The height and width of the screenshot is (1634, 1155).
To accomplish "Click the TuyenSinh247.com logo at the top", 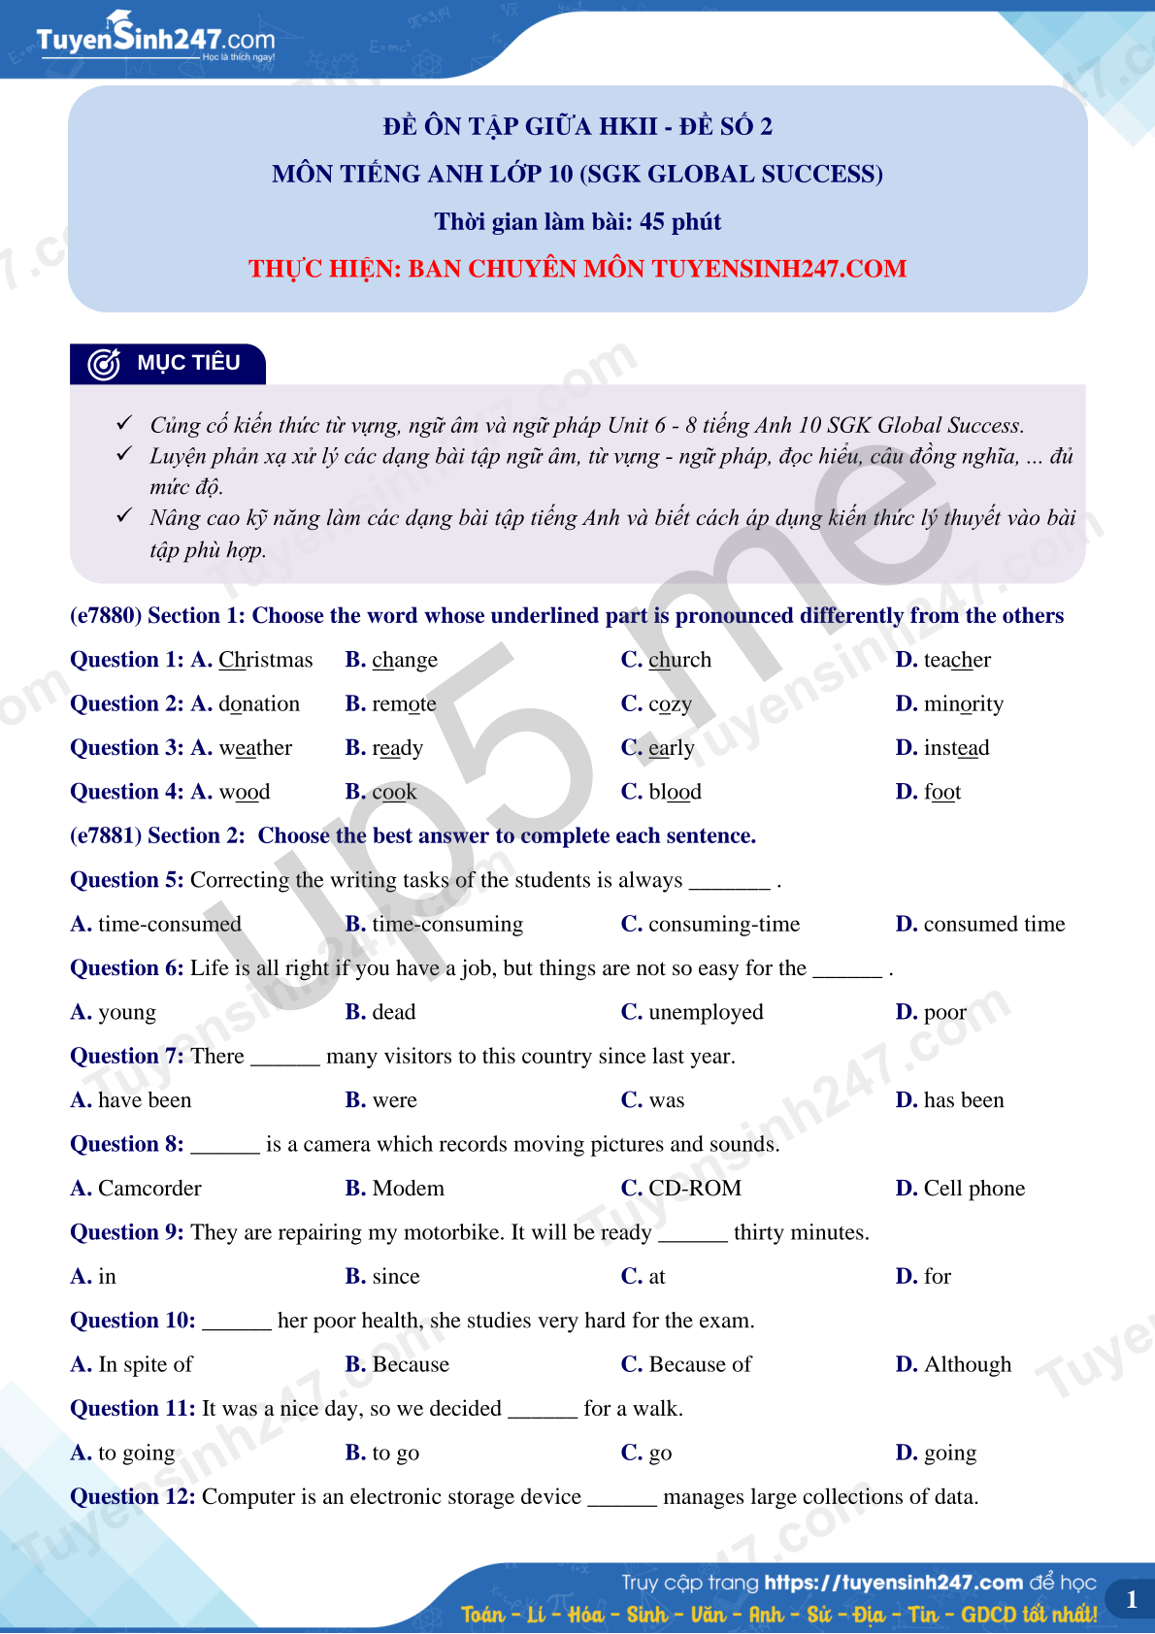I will click(155, 40).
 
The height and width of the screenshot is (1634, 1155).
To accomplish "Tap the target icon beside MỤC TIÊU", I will click(104, 364).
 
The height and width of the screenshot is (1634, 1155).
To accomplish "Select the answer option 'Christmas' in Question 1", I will click(265, 661).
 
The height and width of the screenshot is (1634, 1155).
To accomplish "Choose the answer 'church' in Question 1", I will click(679, 661).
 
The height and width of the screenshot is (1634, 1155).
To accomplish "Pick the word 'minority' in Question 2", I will click(963, 704).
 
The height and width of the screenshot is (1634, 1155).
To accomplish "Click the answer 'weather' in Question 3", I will click(255, 748).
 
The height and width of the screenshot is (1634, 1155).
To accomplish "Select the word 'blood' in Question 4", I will click(675, 793).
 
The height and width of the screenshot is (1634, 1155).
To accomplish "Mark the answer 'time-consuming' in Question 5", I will click(447, 925).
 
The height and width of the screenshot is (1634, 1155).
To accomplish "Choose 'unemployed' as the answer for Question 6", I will click(706, 1013).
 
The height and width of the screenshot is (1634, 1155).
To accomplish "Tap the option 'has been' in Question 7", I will click(963, 1100).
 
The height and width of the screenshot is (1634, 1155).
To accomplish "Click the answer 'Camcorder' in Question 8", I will click(149, 1189).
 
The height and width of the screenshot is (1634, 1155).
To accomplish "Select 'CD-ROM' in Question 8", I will click(695, 1189).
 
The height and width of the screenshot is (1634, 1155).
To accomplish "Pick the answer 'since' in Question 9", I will click(396, 1277).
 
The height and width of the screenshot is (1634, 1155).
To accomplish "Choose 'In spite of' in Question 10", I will click(146, 1365).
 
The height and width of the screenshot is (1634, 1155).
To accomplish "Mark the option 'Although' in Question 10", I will click(967, 1365).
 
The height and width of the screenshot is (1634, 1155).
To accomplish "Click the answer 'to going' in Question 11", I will click(137, 1454).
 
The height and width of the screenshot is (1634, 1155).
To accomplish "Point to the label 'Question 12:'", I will click(133, 1497).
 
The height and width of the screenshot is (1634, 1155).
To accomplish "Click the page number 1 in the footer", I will click(1131, 1600).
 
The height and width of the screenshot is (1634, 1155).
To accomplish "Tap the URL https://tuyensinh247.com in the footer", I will click(893, 1583).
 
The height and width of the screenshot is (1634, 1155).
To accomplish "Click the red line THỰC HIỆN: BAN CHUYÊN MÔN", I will click(577, 269).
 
